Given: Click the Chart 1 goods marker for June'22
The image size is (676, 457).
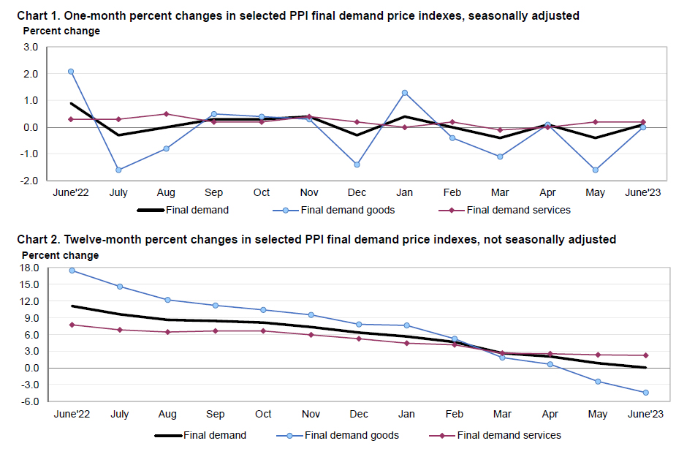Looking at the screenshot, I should click(71, 72).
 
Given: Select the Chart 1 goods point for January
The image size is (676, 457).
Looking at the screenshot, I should click(404, 93).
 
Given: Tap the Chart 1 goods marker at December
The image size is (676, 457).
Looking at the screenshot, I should click(357, 165).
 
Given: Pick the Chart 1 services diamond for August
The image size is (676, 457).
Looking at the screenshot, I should click(166, 114).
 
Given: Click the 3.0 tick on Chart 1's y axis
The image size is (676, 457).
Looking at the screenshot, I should click(31, 48).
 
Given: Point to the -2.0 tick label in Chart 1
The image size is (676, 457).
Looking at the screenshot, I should click(29, 180).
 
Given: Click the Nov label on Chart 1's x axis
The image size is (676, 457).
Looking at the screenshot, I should click(309, 192).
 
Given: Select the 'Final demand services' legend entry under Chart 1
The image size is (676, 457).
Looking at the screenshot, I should click(518, 210).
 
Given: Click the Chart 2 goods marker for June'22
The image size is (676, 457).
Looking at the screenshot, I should click(71, 271).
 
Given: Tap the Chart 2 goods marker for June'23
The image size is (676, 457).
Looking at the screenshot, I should click(645, 393).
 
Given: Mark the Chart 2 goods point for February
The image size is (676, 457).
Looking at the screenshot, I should click(455, 339).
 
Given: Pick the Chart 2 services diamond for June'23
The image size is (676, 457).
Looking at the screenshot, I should click(645, 355).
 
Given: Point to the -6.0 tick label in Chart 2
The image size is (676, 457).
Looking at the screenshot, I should click(29, 401).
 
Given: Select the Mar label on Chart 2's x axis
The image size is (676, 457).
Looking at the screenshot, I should click(502, 414).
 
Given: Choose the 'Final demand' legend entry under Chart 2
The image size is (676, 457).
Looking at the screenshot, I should click(213, 435).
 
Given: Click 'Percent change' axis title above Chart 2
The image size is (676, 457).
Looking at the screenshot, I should click(60, 255).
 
